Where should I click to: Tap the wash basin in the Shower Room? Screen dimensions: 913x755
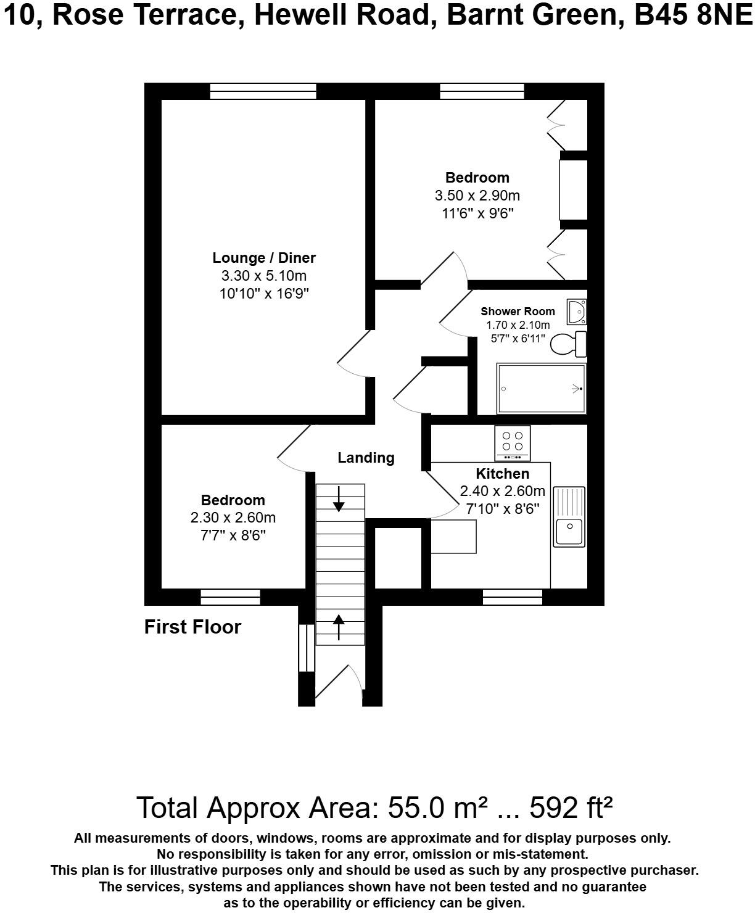tap(577, 312)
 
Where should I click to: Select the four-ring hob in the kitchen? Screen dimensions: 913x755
tap(512, 442)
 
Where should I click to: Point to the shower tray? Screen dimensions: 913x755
tap(542, 389)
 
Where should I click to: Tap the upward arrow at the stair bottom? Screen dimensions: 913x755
tap(339, 627)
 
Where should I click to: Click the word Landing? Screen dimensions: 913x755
tap(366, 458)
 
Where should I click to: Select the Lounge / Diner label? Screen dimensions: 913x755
tap(264, 258)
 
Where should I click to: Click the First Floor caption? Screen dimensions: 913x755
tap(192, 627)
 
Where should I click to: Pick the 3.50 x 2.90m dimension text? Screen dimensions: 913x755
tap(477, 196)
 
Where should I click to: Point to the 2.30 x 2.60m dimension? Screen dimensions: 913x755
tap(233, 518)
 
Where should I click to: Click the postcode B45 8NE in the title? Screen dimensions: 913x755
tap(693, 15)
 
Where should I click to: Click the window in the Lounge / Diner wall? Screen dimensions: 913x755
tap(263, 91)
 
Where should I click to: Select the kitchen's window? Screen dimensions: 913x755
tap(512, 597)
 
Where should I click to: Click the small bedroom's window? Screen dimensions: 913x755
tap(230, 597)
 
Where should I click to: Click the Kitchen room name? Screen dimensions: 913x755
tap(502, 474)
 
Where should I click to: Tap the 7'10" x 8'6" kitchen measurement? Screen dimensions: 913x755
tap(502, 509)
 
